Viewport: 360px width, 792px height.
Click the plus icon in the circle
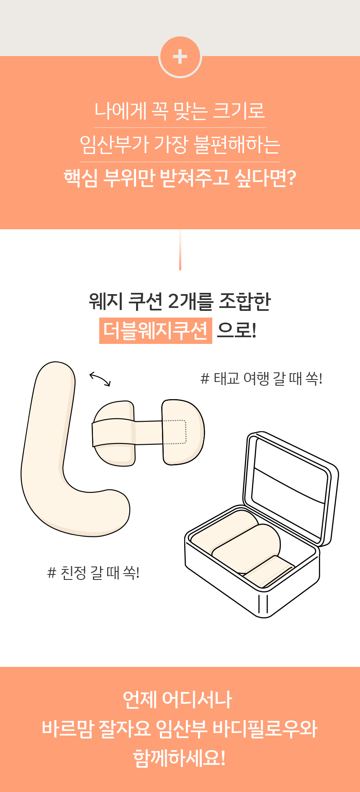[x=180, y=56]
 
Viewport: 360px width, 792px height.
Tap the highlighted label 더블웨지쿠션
[x=156, y=331]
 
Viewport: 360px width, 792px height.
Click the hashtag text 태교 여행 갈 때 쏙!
[x=262, y=379]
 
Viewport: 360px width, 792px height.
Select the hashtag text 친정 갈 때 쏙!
[x=93, y=572]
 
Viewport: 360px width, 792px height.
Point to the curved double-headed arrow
[x=100, y=379]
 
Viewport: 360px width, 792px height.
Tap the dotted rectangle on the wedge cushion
[x=175, y=432]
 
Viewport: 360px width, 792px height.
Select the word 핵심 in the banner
[x=81, y=178]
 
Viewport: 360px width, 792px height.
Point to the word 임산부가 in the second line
[x=114, y=144]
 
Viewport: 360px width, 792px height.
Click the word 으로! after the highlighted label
[x=237, y=331]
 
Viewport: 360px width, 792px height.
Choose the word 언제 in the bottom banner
[x=139, y=700]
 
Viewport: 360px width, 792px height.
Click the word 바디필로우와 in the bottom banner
[x=265, y=729]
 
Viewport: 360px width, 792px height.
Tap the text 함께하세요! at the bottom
[x=180, y=759]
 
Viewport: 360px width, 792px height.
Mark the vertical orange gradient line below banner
[x=180, y=250]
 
